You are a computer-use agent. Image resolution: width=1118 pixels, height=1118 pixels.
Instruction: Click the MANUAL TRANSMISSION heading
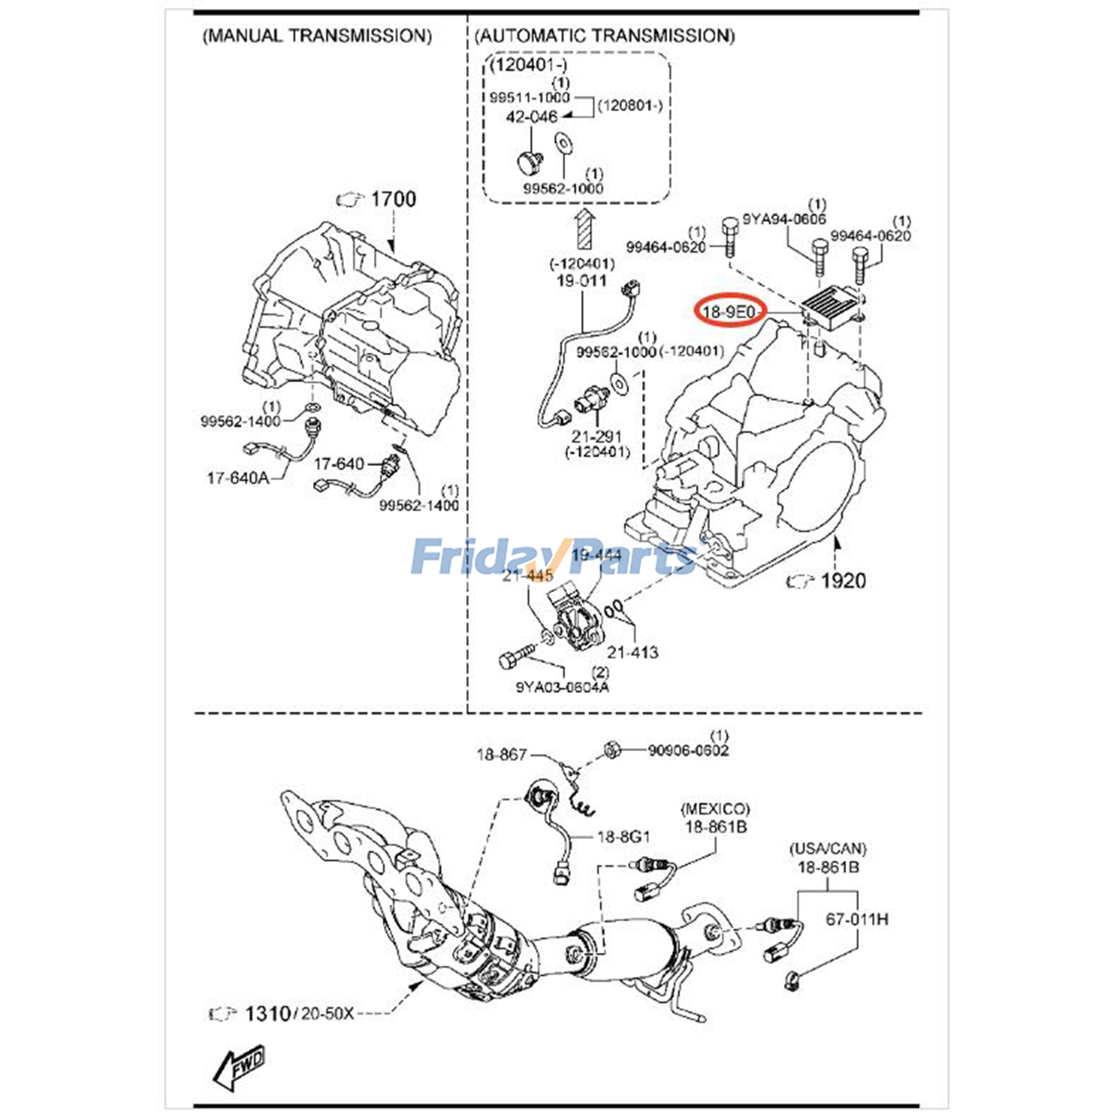(317, 36)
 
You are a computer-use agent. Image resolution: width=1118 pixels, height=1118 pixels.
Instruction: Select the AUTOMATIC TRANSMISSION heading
(604, 36)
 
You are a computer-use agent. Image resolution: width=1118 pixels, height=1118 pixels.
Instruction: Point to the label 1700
(393, 199)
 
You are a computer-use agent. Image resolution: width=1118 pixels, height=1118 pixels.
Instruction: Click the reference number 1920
(843, 581)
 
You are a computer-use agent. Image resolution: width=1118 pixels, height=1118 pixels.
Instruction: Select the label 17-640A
(238, 478)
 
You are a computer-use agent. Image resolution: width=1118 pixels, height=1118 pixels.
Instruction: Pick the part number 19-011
(581, 281)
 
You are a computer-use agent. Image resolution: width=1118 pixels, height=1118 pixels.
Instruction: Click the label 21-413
(632, 652)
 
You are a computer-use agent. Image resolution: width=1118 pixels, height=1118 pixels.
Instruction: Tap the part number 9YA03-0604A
(562, 687)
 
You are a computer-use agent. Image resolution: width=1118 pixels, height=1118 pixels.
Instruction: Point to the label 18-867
(501, 755)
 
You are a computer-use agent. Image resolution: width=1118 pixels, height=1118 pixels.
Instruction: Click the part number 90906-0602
(688, 750)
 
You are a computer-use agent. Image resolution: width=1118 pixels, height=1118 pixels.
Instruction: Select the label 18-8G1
(623, 836)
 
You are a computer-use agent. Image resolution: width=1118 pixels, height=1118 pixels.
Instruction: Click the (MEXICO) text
(715, 809)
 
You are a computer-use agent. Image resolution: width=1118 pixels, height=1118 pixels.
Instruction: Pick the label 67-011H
(857, 920)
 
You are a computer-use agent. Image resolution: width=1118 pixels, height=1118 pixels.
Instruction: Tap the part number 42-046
(531, 117)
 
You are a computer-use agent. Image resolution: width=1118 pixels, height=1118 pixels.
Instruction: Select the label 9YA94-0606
(783, 219)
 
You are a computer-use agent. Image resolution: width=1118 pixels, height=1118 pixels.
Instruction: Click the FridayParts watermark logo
(552, 556)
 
